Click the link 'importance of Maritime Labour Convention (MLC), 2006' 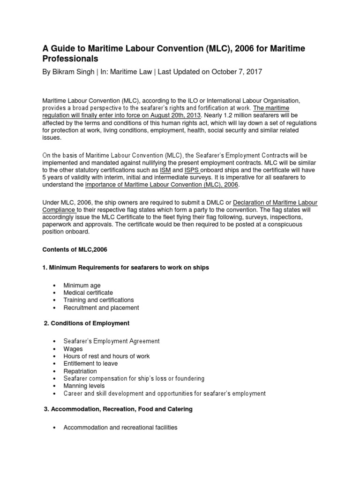coord(162,185)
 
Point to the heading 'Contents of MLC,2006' coord(75,250)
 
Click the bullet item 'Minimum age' coord(82,285)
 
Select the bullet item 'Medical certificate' coord(88,292)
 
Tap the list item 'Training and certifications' coord(98,300)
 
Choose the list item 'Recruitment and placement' coord(101,307)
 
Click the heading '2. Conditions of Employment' coord(86,323)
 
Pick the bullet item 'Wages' coord(73,349)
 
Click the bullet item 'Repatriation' coord(80,371)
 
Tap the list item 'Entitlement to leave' coord(90,363)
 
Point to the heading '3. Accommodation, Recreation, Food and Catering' coord(118,409)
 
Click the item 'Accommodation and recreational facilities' coord(120,427)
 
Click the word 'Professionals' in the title coord(70,59)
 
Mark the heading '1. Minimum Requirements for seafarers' coord(125,267)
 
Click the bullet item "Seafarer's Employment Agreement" coord(112,341)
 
